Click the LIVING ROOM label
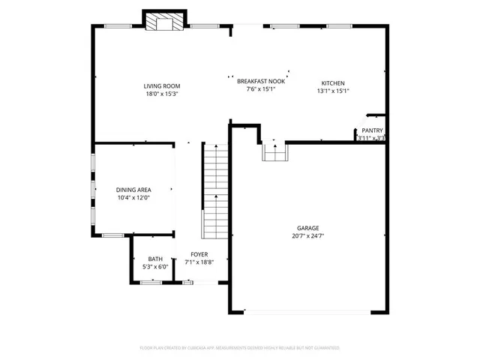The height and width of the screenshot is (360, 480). [162, 85]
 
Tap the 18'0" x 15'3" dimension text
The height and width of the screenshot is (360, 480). [162, 94]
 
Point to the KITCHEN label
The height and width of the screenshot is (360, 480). [333, 82]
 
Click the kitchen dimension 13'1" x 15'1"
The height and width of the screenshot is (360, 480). [333, 91]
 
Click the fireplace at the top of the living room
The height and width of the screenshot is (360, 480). [163, 23]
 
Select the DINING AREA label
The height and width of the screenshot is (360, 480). [133, 190]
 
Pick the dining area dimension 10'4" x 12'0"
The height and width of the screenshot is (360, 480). [133, 198]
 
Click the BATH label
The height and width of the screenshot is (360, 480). [155, 258]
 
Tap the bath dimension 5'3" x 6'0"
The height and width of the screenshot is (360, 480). [155, 266]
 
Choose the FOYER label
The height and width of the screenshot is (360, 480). [199, 254]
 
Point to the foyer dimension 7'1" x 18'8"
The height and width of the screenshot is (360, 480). [199, 262]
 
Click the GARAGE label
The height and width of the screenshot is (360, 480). [307, 228]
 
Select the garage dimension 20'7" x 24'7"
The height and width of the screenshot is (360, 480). [307, 236]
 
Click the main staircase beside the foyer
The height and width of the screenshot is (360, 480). [214, 191]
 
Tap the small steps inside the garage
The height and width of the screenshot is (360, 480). [274, 152]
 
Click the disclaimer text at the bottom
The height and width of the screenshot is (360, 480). [240, 348]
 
